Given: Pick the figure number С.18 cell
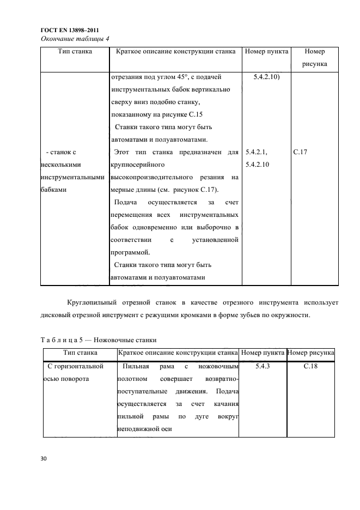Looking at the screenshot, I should [x=310, y=367].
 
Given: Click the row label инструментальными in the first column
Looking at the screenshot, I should [x=72, y=178].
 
